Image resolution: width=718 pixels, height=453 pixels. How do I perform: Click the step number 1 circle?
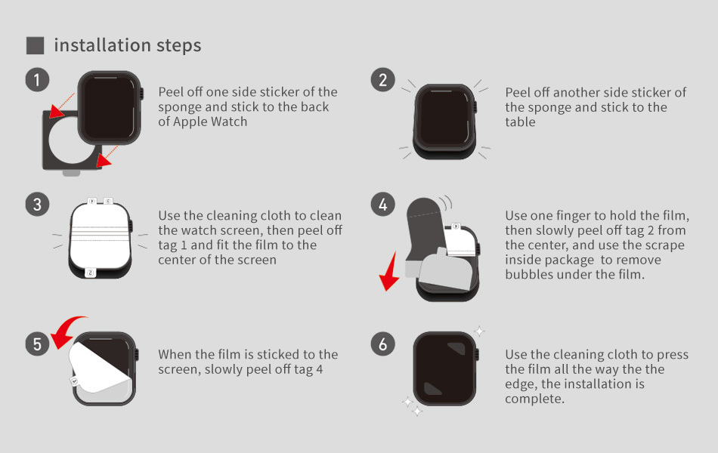pos(37,79)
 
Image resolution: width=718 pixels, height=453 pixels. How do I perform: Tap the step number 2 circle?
pos(383,79)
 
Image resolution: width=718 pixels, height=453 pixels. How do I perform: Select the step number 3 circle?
pos(37,204)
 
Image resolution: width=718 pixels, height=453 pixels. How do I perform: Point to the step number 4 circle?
pos(383,204)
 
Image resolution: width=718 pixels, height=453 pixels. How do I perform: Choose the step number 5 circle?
pos(37,344)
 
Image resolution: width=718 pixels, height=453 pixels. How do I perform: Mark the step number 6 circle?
pos(383,344)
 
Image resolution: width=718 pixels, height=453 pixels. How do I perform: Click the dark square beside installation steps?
pos(36,46)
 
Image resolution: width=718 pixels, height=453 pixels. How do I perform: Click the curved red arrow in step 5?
pos(67,327)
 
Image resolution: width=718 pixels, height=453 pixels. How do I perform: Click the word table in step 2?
pos(520,122)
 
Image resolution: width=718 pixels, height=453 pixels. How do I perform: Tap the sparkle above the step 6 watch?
pos(479,331)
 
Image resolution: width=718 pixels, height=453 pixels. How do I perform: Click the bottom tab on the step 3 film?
pos(90,273)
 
